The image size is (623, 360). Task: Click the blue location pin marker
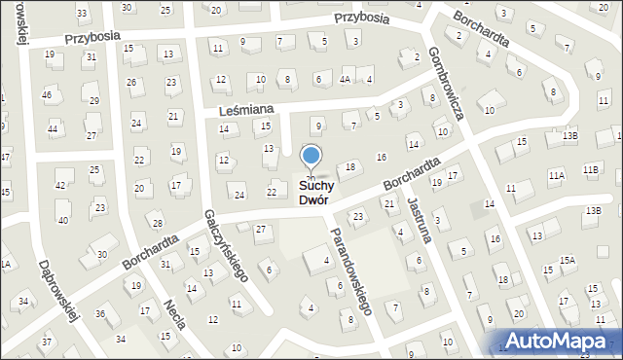pyautogui.click(x=311, y=157)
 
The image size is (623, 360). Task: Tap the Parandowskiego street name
pyautogui.click(x=351, y=270)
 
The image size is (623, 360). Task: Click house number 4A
pyautogui.click(x=346, y=79)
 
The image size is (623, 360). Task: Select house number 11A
pyautogui.click(x=556, y=176)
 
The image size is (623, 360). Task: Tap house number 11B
pyautogui.click(x=590, y=169)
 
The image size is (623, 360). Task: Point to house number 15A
pyautogui.click(x=567, y=260)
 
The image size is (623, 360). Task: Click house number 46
pyautogui.click(x=47, y=95)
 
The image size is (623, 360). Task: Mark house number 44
pyautogui.click(x=53, y=128)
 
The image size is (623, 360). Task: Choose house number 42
pyautogui.click(x=60, y=185)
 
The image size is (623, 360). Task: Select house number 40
pyautogui.click(x=63, y=220)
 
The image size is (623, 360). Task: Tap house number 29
pyautogui.click(x=94, y=100)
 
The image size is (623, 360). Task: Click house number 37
pyautogui.click(x=47, y=342)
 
